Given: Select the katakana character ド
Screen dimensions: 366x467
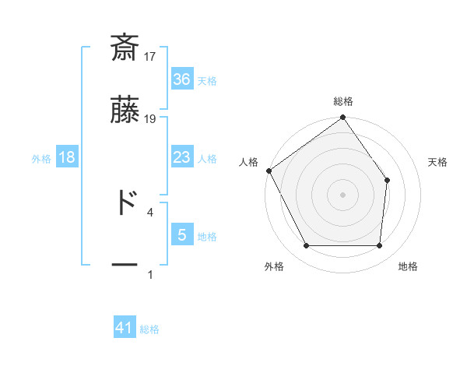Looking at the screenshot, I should click(x=125, y=202).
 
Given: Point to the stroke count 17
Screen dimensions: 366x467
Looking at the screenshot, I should click(x=151, y=57).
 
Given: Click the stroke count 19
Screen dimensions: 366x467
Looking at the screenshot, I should click(x=151, y=119).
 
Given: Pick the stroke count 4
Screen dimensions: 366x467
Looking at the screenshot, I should click(x=149, y=212).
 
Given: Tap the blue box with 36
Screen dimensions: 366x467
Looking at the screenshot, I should click(x=181, y=79).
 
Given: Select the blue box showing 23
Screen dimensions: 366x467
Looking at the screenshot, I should click(x=181, y=157).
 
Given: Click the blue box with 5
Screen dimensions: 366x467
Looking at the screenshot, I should click(x=181, y=234).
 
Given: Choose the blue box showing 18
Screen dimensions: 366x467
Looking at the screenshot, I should click(x=67, y=157).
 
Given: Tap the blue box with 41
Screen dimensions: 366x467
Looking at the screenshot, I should click(x=125, y=329).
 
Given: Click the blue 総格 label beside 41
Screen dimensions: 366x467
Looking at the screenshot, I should click(x=149, y=329).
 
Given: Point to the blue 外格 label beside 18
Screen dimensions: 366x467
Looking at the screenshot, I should click(x=41, y=158).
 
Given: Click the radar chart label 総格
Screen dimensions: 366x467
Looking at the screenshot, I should click(x=342, y=102).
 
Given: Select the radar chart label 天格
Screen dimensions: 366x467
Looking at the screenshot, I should click(x=437, y=162).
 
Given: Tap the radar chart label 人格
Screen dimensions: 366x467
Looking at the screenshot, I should click(x=249, y=162).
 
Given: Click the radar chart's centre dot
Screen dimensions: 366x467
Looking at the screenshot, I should click(x=342, y=194).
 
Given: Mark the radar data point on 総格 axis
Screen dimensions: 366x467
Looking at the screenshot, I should click(x=342, y=118).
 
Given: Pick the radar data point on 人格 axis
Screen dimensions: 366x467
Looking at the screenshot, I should click(x=269, y=171).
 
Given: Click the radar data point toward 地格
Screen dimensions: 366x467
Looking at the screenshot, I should click(x=379, y=246).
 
